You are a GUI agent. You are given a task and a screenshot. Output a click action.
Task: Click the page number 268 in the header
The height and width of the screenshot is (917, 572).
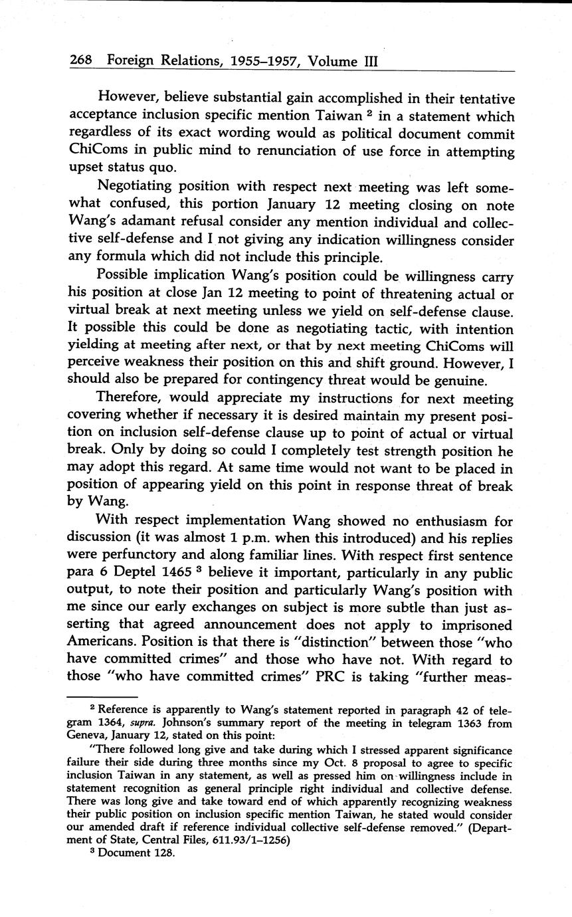tap(81, 62)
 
